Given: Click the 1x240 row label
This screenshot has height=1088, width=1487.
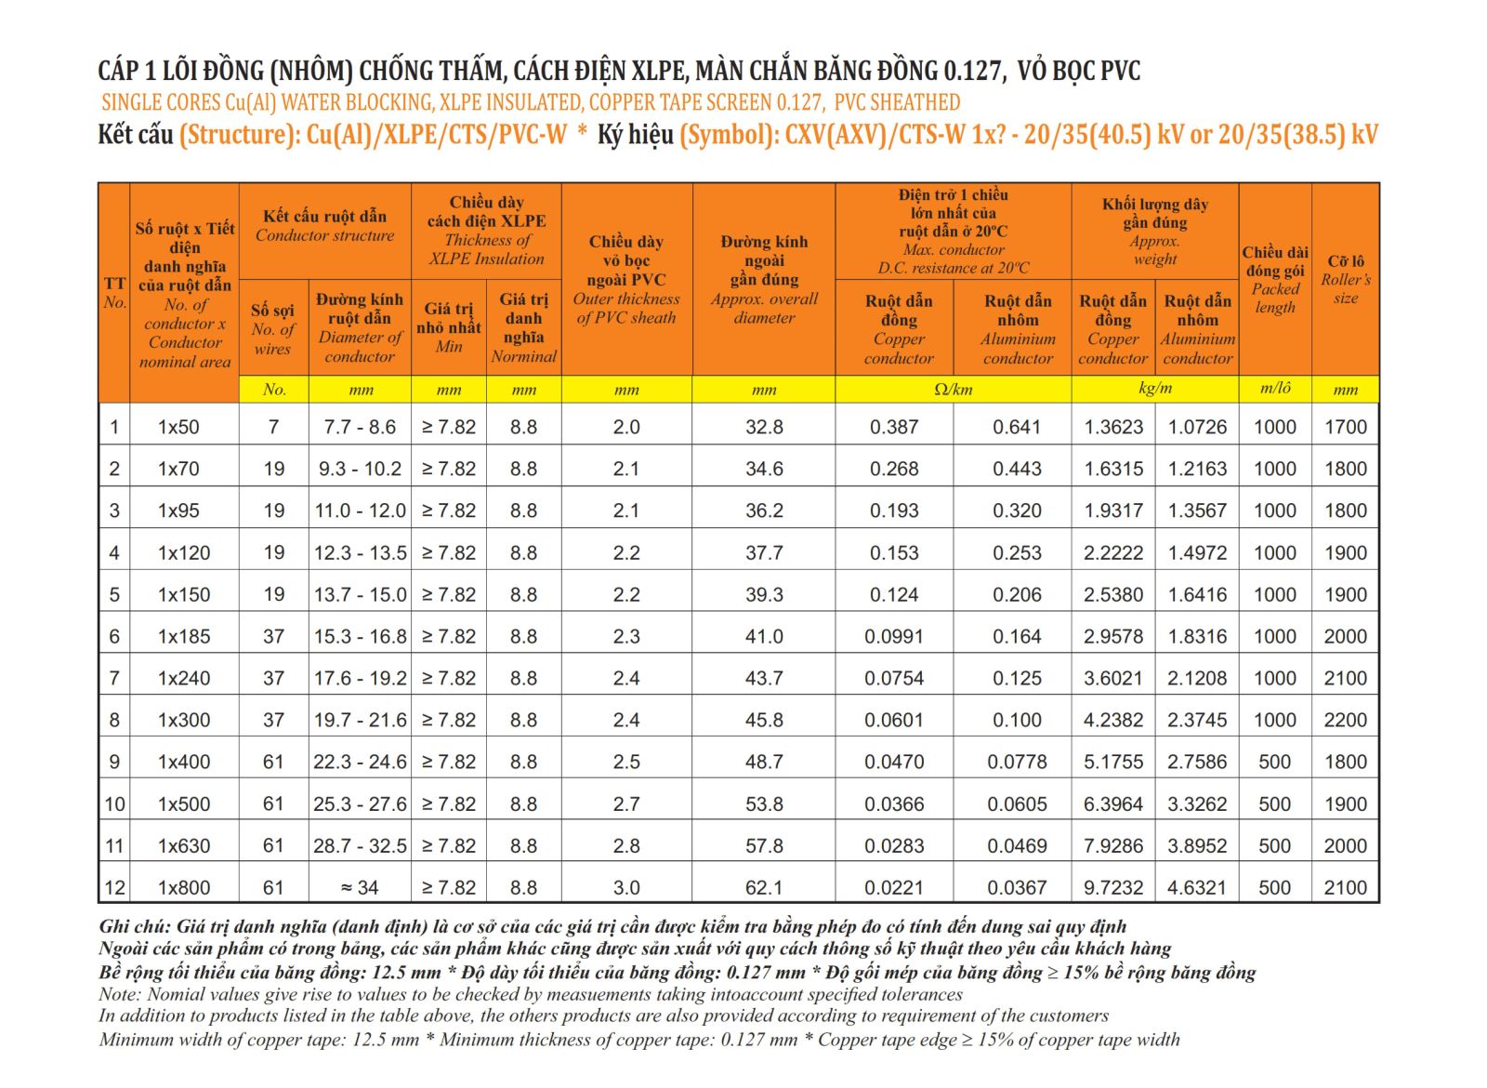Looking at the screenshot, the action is click(184, 678).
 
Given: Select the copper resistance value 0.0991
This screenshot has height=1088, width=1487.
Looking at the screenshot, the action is click(893, 636).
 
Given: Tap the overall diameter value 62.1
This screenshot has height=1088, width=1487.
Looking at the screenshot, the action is click(764, 887).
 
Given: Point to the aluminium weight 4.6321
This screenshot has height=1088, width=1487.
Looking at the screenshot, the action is click(1197, 887).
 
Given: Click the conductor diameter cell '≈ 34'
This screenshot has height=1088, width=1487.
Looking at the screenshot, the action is click(360, 887).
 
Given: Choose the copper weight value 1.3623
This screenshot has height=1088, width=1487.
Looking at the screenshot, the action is click(1113, 427).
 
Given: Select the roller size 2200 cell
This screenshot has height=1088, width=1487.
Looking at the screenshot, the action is click(1346, 720).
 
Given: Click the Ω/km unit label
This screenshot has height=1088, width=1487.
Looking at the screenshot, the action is click(954, 390).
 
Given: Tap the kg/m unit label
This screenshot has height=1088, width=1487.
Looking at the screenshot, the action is click(1155, 389).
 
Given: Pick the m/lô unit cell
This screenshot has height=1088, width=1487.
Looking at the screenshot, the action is click(1275, 388).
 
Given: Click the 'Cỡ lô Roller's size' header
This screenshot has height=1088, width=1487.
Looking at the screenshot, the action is click(1346, 280).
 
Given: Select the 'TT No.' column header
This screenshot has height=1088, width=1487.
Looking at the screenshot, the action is click(114, 293).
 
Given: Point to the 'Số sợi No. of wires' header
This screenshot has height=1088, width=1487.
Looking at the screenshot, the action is click(273, 329).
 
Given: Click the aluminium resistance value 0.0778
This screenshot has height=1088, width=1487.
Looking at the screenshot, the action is click(1017, 762).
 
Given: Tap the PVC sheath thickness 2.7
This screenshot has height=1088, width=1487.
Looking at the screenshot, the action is click(626, 803).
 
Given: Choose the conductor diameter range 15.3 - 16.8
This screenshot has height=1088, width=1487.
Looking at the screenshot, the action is click(360, 636).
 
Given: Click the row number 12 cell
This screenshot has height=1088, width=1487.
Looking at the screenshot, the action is click(114, 887).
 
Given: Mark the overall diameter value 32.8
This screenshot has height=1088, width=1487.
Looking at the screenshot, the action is click(764, 427).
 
